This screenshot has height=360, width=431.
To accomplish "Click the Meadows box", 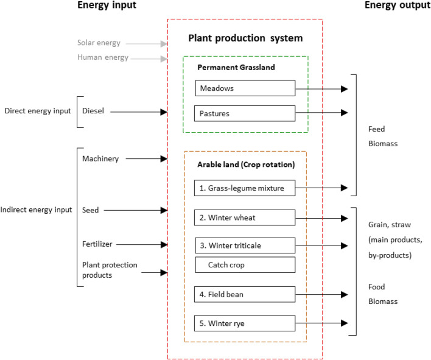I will pyautogui.click(x=245, y=88).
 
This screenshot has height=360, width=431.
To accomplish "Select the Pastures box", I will pyautogui.click(x=245, y=113).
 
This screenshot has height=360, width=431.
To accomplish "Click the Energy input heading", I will pyautogui.click(x=107, y=6).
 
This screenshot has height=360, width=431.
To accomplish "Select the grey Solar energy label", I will pyautogui.click(x=99, y=43).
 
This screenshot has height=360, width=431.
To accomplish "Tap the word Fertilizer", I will pyautogui.click(x=97, y=244).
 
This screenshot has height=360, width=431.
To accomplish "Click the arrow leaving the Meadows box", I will pyautogui.click(x=321, y=89).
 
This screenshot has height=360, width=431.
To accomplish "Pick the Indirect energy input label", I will pyautogui.click(x=36, y=210).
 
